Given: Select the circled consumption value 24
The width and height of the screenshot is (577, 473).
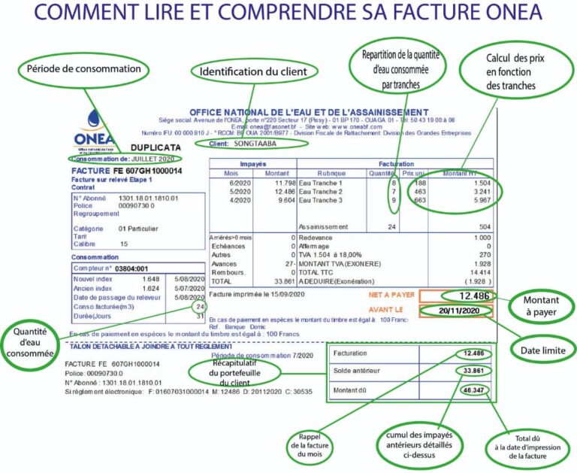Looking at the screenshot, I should point(199,308).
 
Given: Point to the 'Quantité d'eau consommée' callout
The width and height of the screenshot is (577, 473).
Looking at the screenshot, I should point(32,340).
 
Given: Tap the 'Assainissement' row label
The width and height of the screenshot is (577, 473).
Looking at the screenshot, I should point(323,226).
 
